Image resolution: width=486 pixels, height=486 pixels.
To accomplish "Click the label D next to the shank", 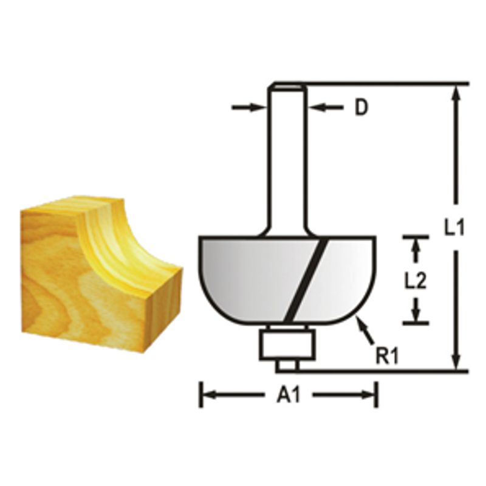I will coord(361,108).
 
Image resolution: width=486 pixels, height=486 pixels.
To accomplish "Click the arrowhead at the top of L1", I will coord(457,91).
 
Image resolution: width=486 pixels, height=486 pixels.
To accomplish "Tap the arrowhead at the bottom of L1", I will coord(457,363).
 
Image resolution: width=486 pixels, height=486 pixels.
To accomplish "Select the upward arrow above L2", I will coord(416,245).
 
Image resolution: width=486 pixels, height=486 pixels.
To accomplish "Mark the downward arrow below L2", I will coord(416,313).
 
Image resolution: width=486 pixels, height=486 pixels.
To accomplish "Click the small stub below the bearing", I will coord(287,366).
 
